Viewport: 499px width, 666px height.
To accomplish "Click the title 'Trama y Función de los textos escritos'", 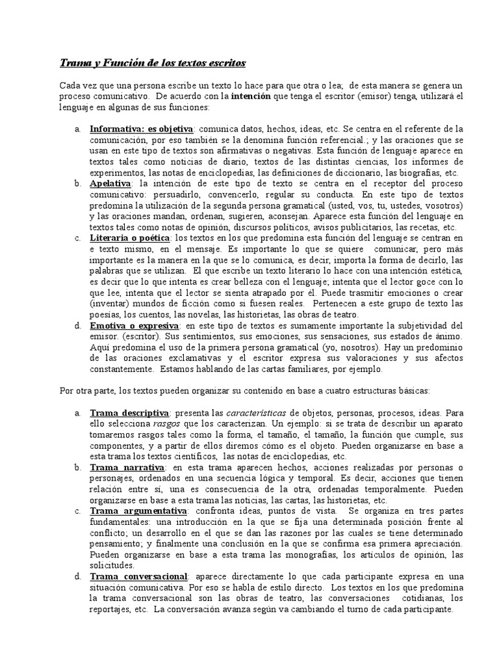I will (153, 63).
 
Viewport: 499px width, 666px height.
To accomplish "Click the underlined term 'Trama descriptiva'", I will (129, 413).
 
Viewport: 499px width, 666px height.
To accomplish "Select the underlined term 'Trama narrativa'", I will (127, 468).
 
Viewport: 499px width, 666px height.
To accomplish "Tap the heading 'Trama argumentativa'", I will (136, 511).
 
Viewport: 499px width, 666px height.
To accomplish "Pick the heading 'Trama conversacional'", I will (139, 576).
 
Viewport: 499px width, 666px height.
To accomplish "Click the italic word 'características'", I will (256, 413).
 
